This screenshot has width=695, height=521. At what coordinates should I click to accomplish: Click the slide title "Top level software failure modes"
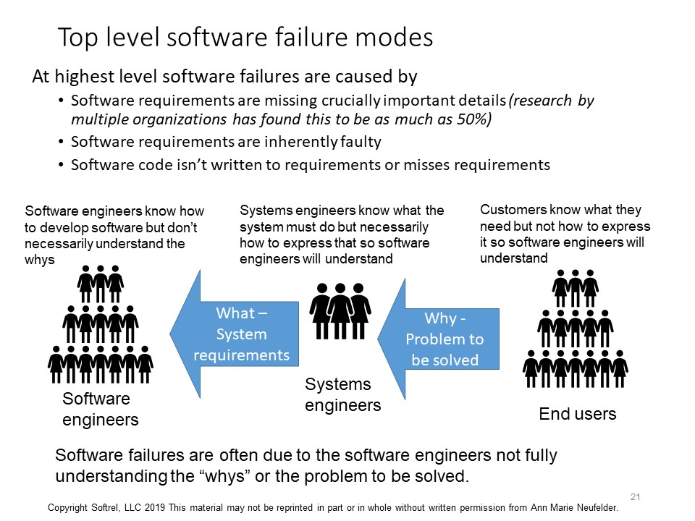[x=245, y=38]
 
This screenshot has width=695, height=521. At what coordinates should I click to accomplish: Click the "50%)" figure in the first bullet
[x=474, y=119]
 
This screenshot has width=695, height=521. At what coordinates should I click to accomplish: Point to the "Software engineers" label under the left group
[x=100, y=409]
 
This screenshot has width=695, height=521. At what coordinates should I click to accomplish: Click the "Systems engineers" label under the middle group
[x=342, y=395]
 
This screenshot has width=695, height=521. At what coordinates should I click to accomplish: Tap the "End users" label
[x=578, y=414]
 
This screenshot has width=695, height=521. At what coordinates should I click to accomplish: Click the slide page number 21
[x=636, y=496]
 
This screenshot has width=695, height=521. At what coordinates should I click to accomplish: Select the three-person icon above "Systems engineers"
[x=340, y=310]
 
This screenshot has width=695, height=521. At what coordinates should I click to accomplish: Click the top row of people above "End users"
[x=576, y=288]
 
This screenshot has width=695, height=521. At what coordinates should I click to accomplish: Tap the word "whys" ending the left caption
[x=40, y=260]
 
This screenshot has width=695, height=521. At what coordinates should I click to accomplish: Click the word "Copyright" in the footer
[x=72, y=508]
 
